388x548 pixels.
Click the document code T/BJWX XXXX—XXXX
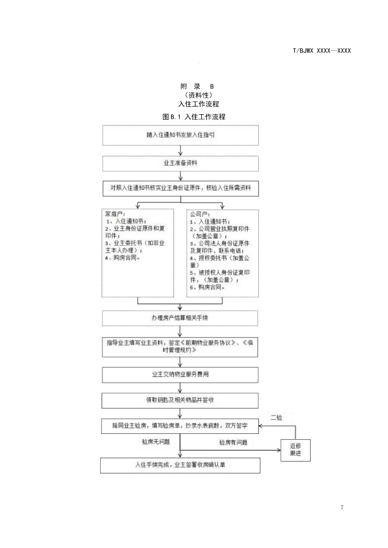[322, 51]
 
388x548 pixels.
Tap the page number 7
[342, 507]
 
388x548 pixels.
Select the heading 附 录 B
[197, 86]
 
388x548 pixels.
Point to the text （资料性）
[199, 95]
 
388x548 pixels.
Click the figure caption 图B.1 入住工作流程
[194, 117]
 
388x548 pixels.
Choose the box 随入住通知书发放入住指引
[180, 135]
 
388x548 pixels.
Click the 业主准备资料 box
[180, 163]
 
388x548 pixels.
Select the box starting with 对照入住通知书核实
[180, 188]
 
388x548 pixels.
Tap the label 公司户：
[200, 214]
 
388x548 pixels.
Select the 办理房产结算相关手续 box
[180, 318]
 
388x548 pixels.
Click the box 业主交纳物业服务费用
[180, 374]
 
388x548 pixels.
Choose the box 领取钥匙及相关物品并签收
[180, 400]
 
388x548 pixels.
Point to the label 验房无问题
[156, 441]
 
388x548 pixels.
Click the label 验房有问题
[233, 442]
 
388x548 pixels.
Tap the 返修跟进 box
[295, 450]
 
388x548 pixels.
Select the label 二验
[276, 417]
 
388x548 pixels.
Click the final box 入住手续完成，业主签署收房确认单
[180, 465]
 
